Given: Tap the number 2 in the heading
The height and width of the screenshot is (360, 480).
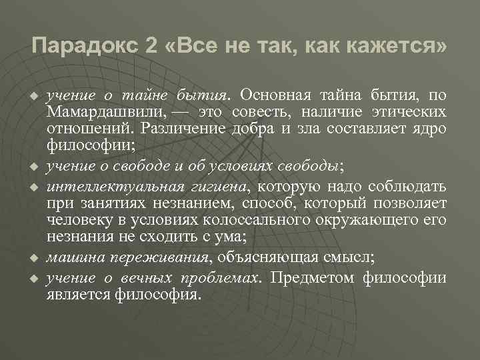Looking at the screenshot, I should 150,47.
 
